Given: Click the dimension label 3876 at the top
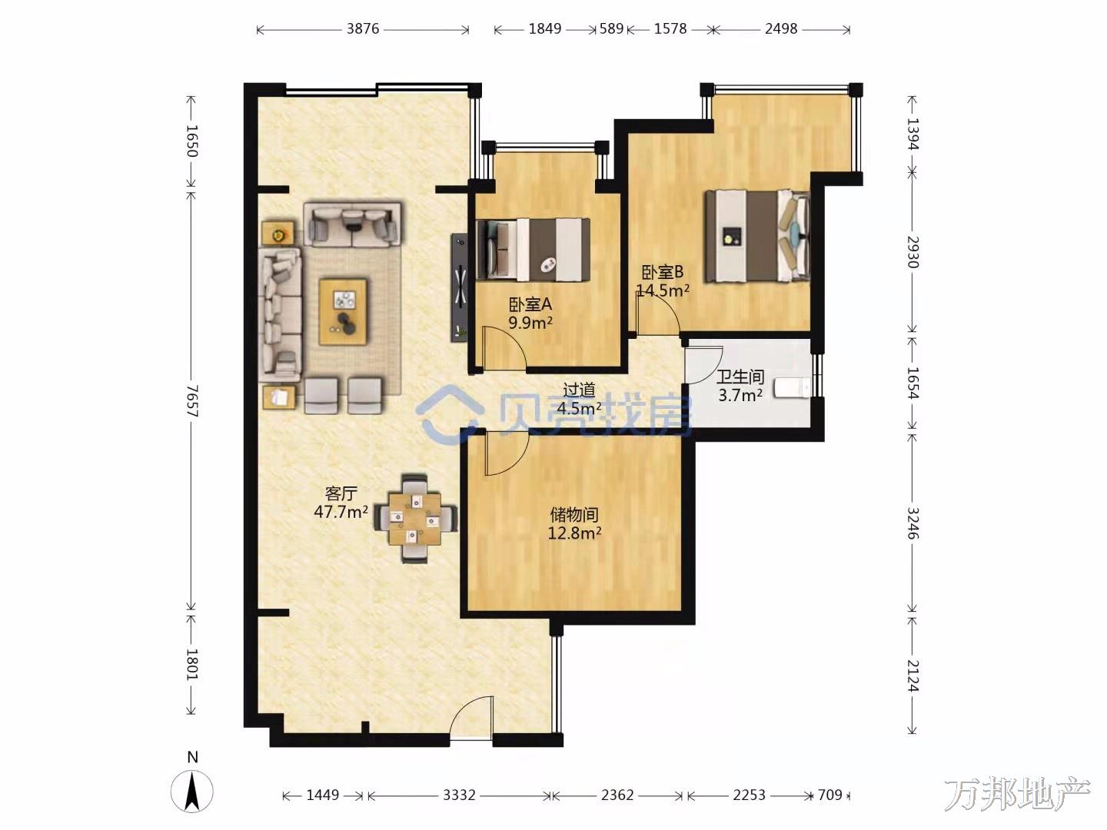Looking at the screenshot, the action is tap(363, 28).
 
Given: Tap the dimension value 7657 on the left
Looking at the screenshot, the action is tap(192, 401).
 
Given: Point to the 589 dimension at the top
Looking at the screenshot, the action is tap(611, 28).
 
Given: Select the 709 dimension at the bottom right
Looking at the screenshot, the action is tap(829, 795).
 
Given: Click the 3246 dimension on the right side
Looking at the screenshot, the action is tap(913, 523).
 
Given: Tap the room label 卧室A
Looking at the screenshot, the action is tap(530, 304).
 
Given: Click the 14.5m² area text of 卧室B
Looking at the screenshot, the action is tap(663, 290).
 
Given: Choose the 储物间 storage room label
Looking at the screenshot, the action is tap(574, 515).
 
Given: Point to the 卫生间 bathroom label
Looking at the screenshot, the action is tap(740, 377).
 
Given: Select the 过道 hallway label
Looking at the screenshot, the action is tap(579, 390).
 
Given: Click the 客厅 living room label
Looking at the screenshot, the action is tap(341, 493).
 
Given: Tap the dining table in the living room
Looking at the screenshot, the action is tap(414, 519).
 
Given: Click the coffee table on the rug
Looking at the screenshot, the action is tap(344, 312).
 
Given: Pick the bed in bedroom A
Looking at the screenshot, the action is tap(533, 250).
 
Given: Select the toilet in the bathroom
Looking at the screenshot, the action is tap(793, 387).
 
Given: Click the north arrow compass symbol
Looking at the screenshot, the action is tap(191, 791).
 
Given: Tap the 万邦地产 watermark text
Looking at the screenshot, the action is tap(1017, 794).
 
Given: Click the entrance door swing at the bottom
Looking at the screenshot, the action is tap(471, 718).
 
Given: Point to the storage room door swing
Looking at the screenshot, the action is tap(507, 453).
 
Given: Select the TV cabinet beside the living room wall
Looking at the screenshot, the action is tap(460, 287).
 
